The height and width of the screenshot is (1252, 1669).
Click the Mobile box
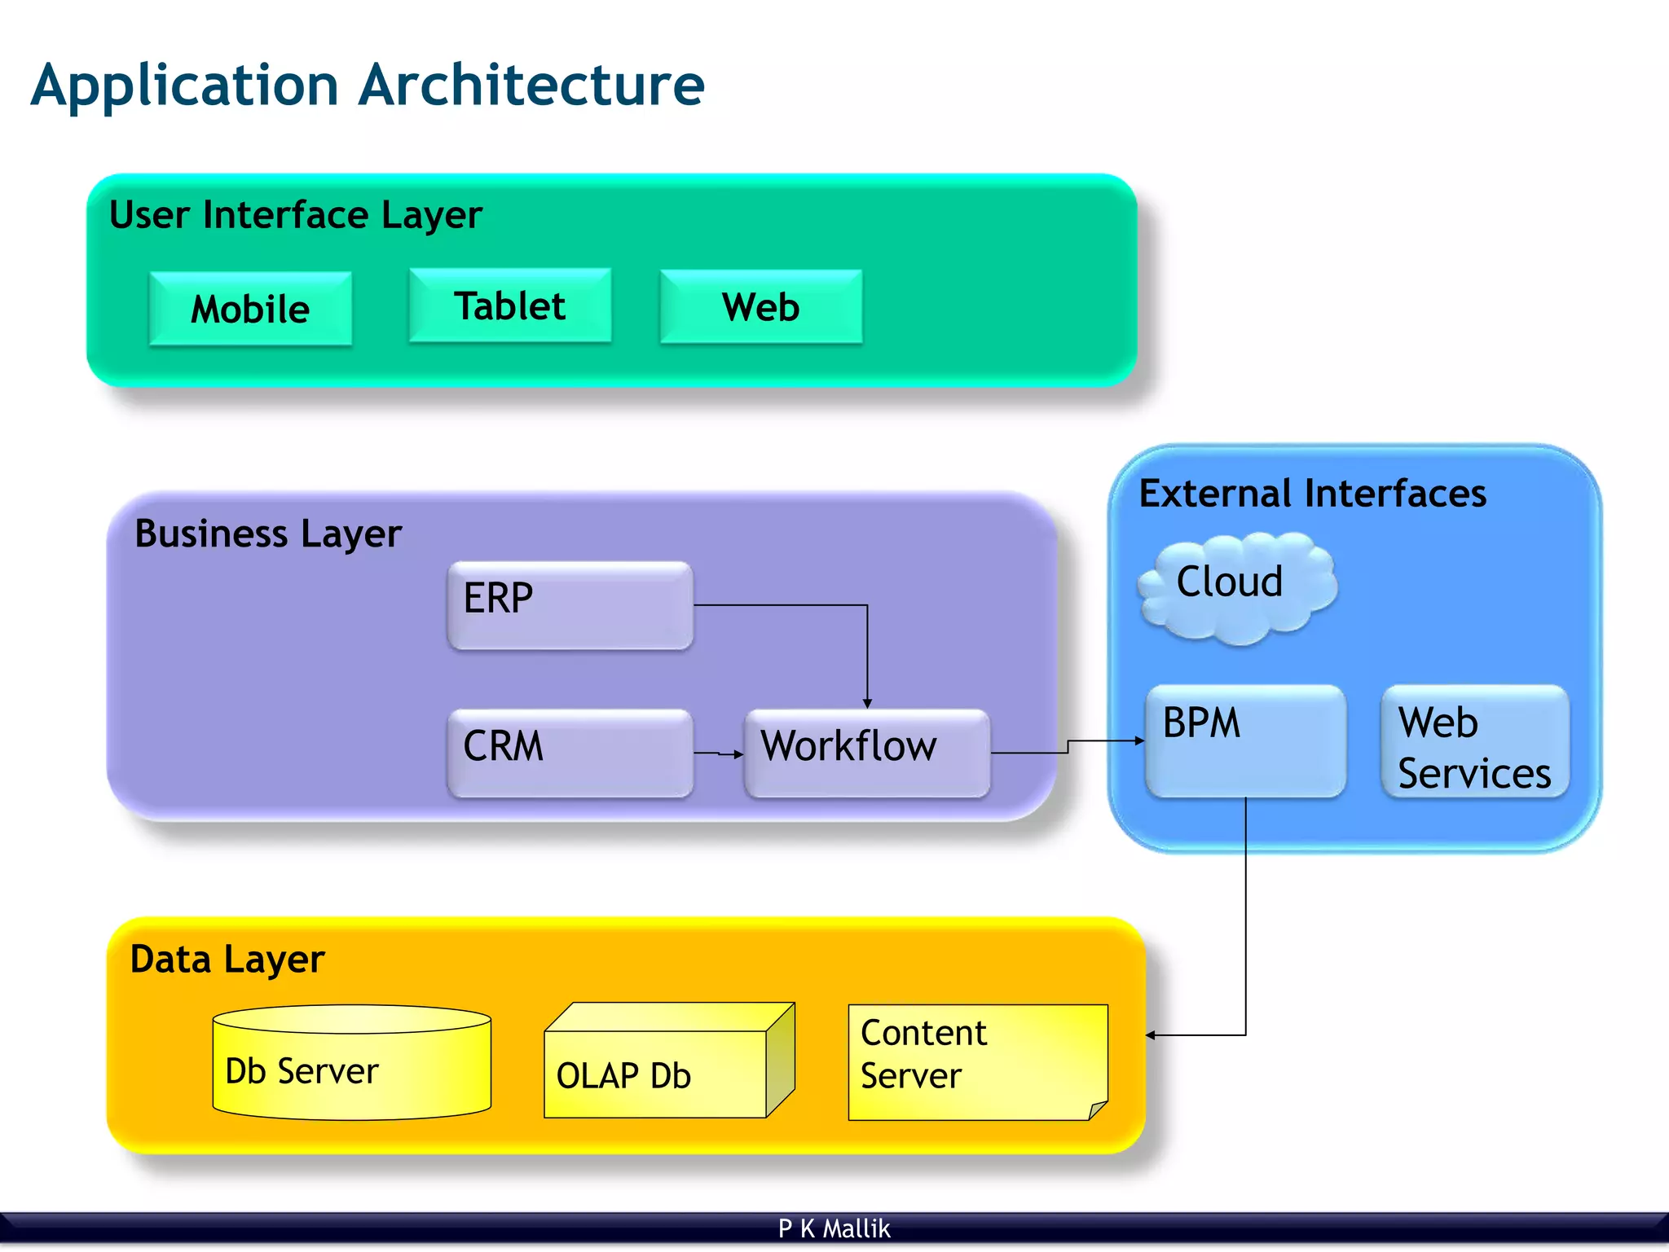click(x=250, y=310)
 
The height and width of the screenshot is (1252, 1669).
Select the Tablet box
click(x=509, y=306)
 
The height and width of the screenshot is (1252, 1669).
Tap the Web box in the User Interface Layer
click(x=760, y=307)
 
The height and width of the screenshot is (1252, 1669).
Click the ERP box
click(x=570, y=604)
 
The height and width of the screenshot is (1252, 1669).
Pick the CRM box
click(x=570, y=752)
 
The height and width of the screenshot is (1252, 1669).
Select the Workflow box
click(x=866, y=752)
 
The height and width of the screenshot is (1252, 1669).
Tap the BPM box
click(x=1244, y=740)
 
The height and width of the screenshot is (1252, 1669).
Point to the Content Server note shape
click(x=976, y=1061)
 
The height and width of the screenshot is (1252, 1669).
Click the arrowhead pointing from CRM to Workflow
click(x=738, y=754)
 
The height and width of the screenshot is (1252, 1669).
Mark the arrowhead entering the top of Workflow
click(x=867, y=703)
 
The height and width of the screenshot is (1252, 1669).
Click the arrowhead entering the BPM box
click(x=1140, y=740)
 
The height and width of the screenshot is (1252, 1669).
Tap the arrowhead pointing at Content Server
click(x=1151, y=1035)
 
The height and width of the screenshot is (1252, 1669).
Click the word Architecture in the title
click(x=531, y=85)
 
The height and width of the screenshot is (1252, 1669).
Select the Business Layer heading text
click(x=267, y=534)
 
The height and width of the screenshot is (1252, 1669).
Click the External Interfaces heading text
click(x=1312, y=494)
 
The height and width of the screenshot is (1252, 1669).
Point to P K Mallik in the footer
click(x=834, y=1228)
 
